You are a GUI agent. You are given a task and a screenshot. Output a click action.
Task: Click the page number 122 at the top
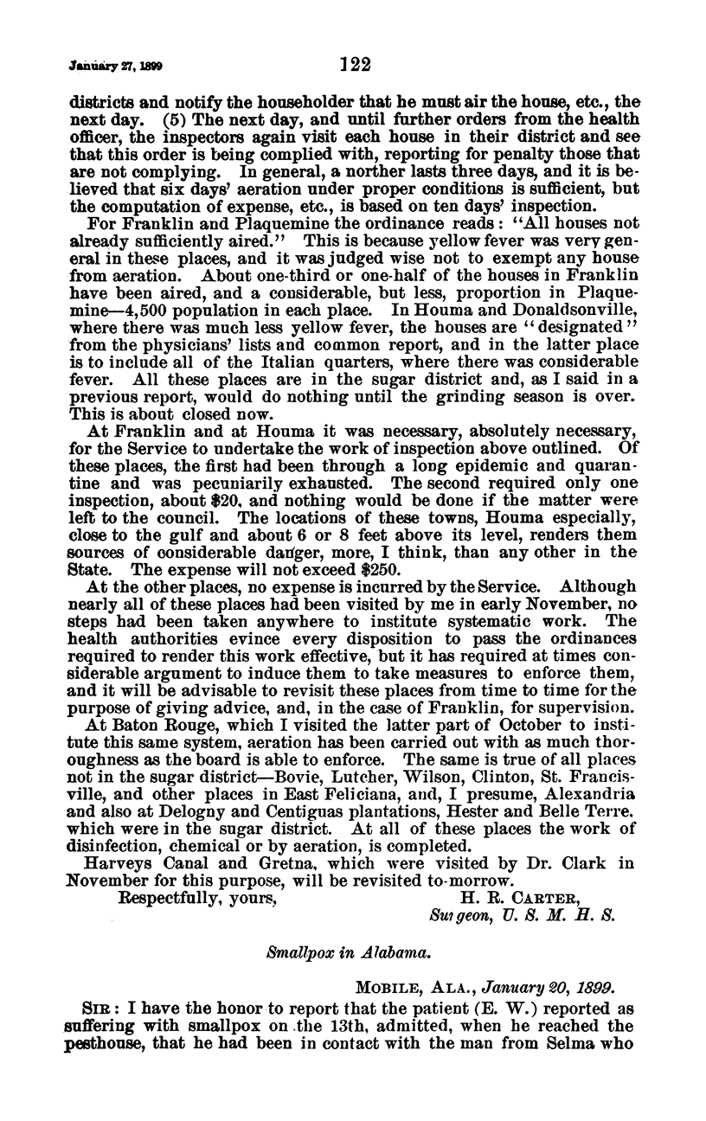[355, 62]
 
